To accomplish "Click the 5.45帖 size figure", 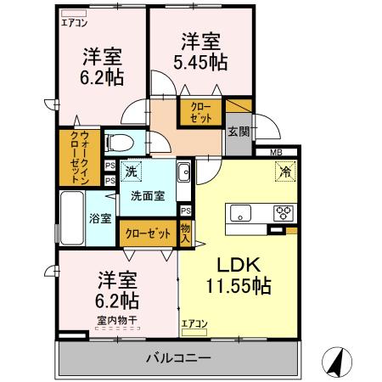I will click(200, 62).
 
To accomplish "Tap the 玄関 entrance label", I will click(238, 131).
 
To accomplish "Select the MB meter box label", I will click(276, 152).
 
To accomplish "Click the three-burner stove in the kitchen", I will click(282, 212).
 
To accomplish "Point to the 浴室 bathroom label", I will click(100, 217).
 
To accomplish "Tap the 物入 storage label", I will click(186, 232).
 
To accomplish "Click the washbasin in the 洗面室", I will click(184, 174).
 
